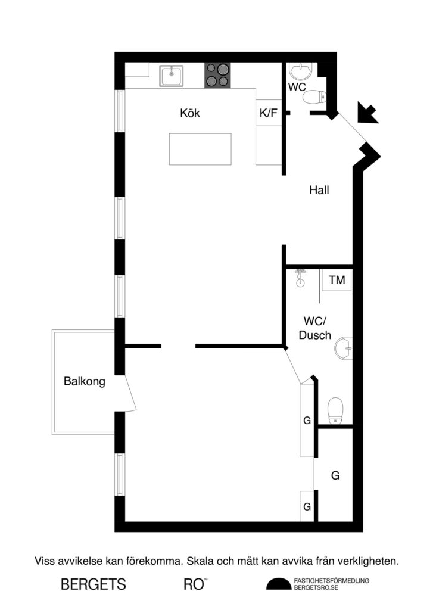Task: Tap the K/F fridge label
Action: click(x=268, y=113)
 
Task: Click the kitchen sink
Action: click(x=172, y=76)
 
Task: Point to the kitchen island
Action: click(x=200, y=150)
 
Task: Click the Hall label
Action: click(x=319, y=191)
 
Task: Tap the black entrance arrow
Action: click(x=367, y=113)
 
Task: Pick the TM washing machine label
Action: click(x=337, y=280)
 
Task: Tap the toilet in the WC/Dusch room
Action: click(x=337, y=410)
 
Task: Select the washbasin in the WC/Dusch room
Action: click(x=344, y=348)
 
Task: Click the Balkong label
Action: click(x=84, y=382)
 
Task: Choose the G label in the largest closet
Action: click(x=335, y=475)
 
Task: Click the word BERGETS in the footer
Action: click(x=94, y=584)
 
